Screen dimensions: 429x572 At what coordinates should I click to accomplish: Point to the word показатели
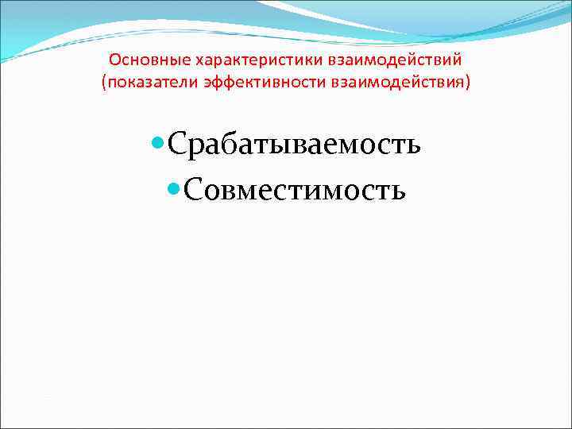click(x=142, y=83)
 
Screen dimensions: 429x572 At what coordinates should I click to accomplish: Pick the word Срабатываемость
click(x=294, y=145)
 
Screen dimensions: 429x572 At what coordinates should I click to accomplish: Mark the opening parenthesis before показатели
click(x=104, y=83)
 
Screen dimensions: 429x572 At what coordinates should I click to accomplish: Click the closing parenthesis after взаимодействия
click(x=467, y=83)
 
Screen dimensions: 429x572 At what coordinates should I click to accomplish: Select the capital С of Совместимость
click(x=195, y=190)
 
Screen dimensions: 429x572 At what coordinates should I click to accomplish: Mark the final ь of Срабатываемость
click(x=412, y=147)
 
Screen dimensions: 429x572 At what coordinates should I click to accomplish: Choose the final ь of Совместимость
click(x=396, y=191)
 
